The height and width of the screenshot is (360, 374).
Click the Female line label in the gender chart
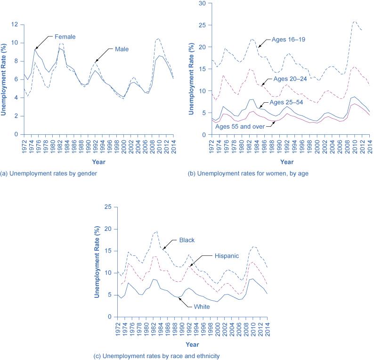coord(65,36)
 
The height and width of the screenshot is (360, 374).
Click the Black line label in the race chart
coord(187,240)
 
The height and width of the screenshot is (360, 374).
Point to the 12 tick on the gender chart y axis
coord(15,25)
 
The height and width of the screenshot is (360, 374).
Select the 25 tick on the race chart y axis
coord(108,207)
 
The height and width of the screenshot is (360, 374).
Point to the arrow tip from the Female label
coord(35,49)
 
